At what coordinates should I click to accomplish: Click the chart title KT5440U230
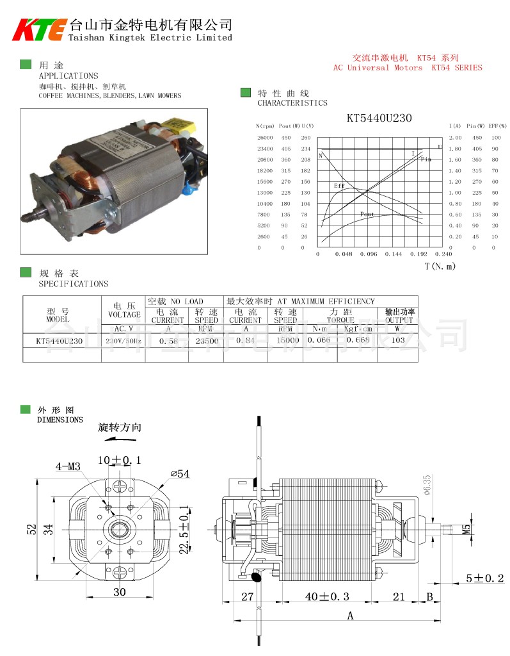coord(379,118)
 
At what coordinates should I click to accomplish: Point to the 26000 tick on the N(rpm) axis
coord(264,138)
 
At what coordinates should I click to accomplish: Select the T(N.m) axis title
coord(440,266)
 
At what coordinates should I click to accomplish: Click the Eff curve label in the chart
coord(339,185)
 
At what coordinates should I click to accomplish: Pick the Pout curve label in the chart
coord(367,214)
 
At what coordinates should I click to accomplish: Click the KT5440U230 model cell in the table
coord(60,341)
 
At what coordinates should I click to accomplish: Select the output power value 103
coord(398,340)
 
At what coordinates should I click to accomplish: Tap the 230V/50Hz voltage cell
coord(124,341)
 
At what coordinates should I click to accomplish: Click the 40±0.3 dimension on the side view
coord(327,596)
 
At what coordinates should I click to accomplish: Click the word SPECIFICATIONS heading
coord(74,284)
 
